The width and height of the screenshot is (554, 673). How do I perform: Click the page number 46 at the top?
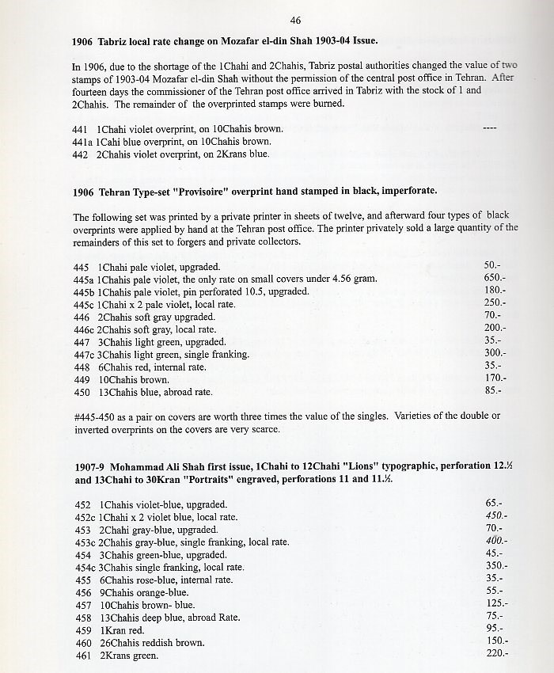[295, 20]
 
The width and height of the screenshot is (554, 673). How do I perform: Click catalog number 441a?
[82, 142]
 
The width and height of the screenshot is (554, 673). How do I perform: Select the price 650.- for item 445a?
[495, 278]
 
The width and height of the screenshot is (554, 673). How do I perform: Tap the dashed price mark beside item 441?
[489, 128]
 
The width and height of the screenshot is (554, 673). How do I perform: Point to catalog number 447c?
[83, 354]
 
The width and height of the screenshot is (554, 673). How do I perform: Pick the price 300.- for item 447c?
[495, 353]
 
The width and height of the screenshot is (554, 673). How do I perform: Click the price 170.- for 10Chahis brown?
[495, 378]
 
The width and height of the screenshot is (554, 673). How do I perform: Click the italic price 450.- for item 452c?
[495, 515]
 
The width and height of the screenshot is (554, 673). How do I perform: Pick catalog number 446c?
[83, 329]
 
